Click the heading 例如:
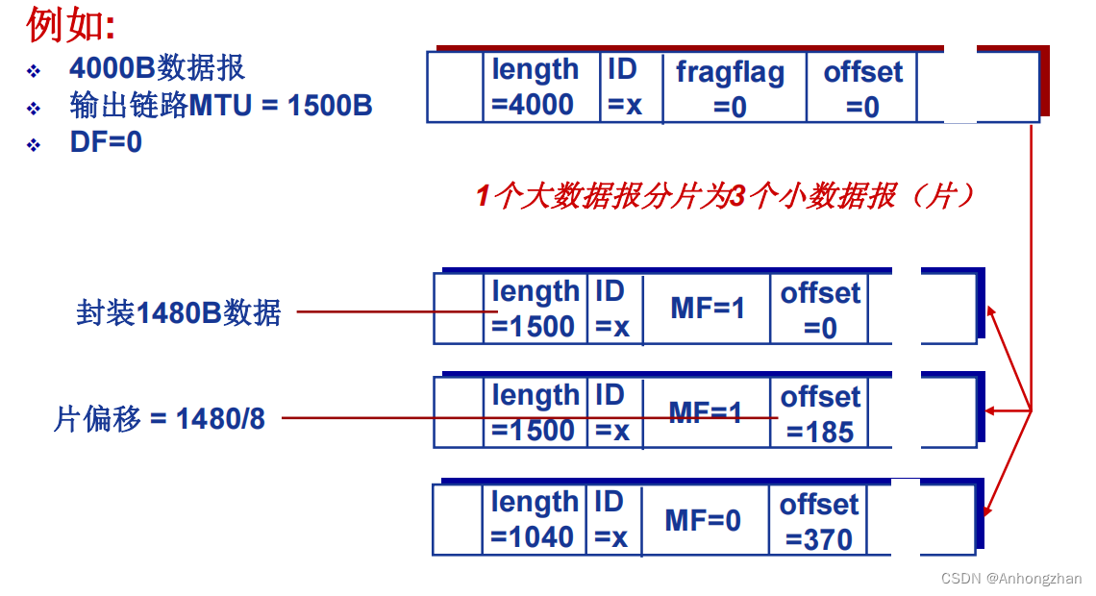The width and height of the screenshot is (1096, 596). click(70, 26)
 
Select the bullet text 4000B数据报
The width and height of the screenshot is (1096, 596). click(157, 68)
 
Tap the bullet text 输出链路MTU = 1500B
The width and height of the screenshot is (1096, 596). click(220, 105)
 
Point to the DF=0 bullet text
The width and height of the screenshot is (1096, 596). click(106, 142)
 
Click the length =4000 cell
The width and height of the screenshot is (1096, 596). click(535, 87)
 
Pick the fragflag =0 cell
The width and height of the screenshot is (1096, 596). click(730, 88)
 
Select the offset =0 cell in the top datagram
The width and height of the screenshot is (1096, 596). click(862, 88)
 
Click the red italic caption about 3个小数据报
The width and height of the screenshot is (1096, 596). click(726, 197)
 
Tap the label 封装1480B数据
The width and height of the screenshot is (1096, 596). click(179, 312)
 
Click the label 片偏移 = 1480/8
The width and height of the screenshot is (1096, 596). click(160, 419)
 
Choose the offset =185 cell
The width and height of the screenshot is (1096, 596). click(819, 414)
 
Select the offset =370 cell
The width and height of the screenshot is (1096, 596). click(818, 521)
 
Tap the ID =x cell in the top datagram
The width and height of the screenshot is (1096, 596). click(624, 87)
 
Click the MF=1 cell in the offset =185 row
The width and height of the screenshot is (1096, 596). click(706, 413)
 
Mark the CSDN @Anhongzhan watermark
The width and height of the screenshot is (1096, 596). click(1010, 579)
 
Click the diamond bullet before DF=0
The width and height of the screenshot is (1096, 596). click(34, 144)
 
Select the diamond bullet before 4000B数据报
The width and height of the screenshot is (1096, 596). click(34, 71)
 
